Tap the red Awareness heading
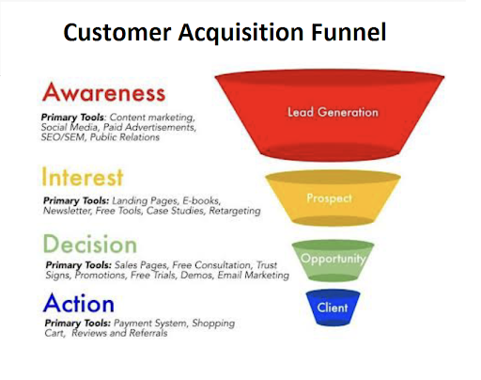coord(103,93)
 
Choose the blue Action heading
coord(79,304)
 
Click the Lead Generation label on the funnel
coord(333,113)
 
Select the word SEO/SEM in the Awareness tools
coord(61,137)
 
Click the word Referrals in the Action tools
coord(145,334)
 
